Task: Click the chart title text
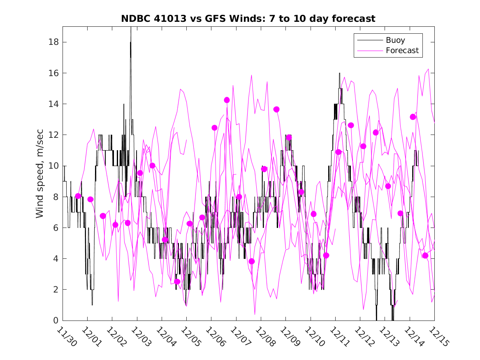tap(248, 19)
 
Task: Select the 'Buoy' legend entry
tap(395, 40)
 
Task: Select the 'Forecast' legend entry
tap(402, 51)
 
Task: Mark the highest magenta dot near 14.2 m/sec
tap(227, 100)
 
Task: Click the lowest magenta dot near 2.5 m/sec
tap(177, 281)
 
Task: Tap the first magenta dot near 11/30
tap(78, 196)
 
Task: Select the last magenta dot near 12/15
tap(425, 255)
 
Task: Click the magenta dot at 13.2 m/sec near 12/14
tap(413, 117)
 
